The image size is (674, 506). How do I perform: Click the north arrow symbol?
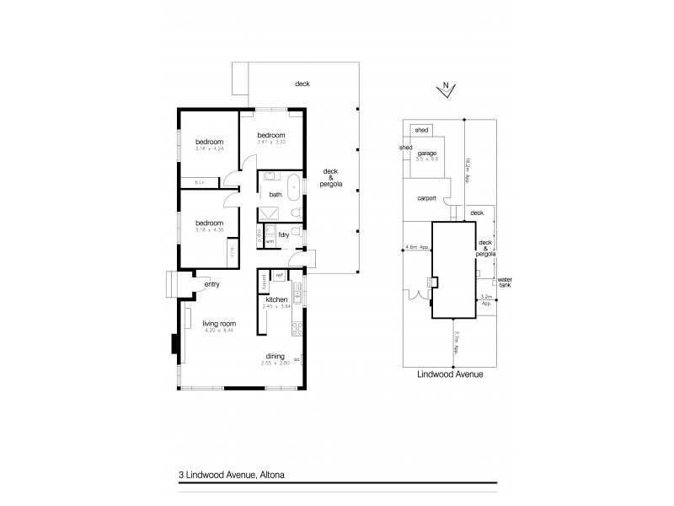pos(445,90)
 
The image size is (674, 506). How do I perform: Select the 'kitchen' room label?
pos(277,299)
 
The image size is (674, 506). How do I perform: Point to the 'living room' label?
pos(218,323)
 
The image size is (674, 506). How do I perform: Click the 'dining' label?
pos(277,356)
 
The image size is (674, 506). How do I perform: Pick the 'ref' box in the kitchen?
pos(279,275)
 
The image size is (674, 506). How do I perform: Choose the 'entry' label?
pos(212,284)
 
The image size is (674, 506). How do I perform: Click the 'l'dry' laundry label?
pos(284,234)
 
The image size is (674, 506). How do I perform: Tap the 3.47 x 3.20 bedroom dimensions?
pos(270,143)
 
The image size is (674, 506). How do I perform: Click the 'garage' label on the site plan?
pos(426,152)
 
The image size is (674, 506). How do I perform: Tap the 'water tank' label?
pos(505,283)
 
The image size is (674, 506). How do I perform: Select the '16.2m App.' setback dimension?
pos(468,159)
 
